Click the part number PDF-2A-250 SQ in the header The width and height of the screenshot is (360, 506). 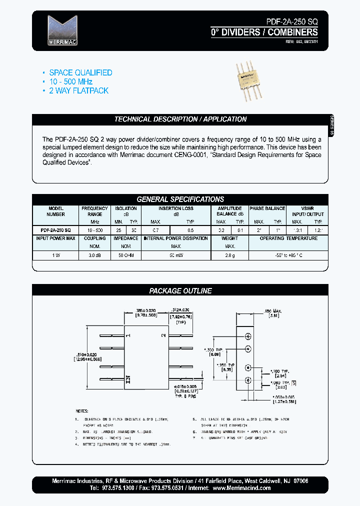click(288, 22)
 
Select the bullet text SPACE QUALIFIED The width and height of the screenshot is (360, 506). click(80, 72)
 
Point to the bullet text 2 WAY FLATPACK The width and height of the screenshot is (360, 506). click(78, 90)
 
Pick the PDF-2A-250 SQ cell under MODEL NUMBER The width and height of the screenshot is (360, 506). click(55, 229)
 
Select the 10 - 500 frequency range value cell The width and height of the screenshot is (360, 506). click(95, 229)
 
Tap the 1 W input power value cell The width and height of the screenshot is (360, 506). click(55, 255)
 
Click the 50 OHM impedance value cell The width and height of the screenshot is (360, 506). click(125, 255)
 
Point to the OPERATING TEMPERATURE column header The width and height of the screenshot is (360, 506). click(288, 238)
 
